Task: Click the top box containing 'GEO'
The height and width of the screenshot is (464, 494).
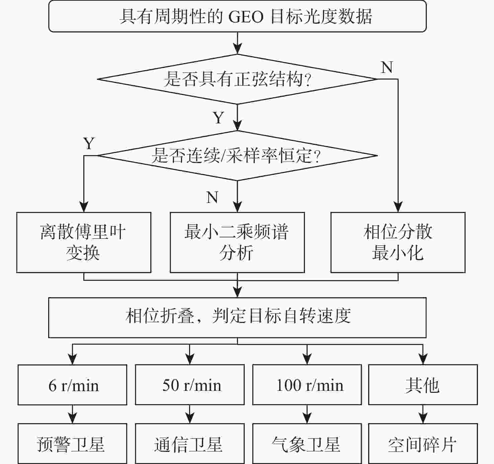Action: tap(237, 16)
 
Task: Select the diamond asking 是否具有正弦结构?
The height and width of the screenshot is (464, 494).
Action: tap(237, 79)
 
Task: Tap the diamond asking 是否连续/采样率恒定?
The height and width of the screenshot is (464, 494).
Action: tap(237, 155)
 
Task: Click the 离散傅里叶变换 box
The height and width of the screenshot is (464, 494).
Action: tap(84, 242)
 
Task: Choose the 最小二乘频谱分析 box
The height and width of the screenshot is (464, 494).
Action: tap(237, 242)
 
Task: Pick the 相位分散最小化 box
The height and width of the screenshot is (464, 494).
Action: tap(398, 242)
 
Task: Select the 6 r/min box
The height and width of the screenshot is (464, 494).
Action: tap(72, 385)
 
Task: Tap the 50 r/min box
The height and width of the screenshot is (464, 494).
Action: tap(190, 385)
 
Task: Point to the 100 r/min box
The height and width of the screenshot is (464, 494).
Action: tap(307, 385)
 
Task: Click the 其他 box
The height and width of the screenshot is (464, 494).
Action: tap(423, 385)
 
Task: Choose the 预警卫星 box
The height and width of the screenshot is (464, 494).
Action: tap(72, 444)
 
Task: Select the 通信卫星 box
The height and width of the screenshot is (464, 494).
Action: tap(190, 444)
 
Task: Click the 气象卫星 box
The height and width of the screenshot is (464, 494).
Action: tap(307, 444)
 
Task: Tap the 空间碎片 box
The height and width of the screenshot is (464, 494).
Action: tap(423, 444)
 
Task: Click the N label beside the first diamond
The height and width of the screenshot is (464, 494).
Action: tap(387, 68)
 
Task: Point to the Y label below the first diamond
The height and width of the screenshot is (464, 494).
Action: tap(218, 118)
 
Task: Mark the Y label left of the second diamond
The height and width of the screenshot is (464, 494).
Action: tap(89, 143)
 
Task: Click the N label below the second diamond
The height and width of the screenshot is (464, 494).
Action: tap(212, 197)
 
